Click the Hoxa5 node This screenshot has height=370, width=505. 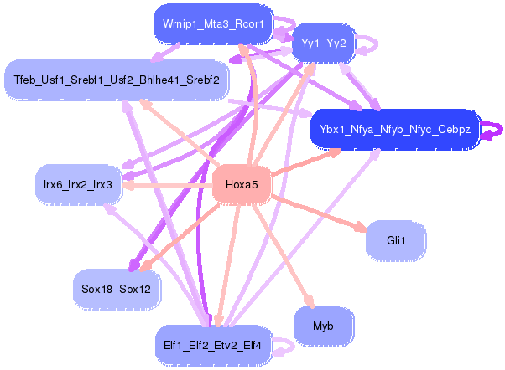tap(242, 184)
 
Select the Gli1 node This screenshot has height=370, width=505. tap(396, 240)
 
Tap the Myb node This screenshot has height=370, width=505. tap(323, 326)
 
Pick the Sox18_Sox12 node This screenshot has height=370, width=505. tap(117, 289)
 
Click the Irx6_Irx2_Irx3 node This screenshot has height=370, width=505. tap(78, 184)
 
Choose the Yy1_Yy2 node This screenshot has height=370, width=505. tap(323, 43)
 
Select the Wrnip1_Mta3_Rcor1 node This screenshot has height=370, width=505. tap(213, 23)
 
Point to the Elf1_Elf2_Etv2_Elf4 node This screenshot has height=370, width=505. tap(212, 345)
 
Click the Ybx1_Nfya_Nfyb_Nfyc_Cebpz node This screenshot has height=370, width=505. tap(395, 129)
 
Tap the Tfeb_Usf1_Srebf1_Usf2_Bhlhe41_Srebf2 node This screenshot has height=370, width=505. tap(117, 80)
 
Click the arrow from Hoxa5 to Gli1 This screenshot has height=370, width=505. tap(319, 213)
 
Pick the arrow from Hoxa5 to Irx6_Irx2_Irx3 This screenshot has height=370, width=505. tap(167, 185)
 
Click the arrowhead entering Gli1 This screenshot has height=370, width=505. tap(361, 227)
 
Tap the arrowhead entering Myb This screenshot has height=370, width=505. tap(310, 301)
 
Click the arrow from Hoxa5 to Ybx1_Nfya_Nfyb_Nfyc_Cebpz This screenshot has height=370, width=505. tap(306, 162)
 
